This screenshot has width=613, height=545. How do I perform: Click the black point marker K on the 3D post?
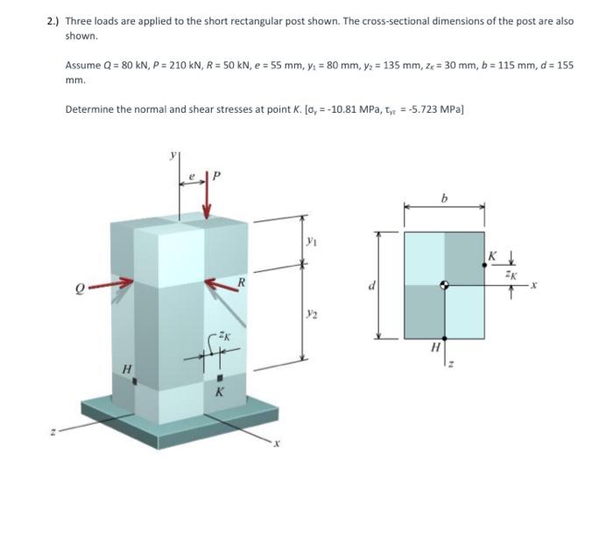tap(219, 378)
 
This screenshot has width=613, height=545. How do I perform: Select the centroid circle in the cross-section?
tap(445, 285)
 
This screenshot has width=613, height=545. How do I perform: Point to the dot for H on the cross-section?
tap(445, 339)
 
